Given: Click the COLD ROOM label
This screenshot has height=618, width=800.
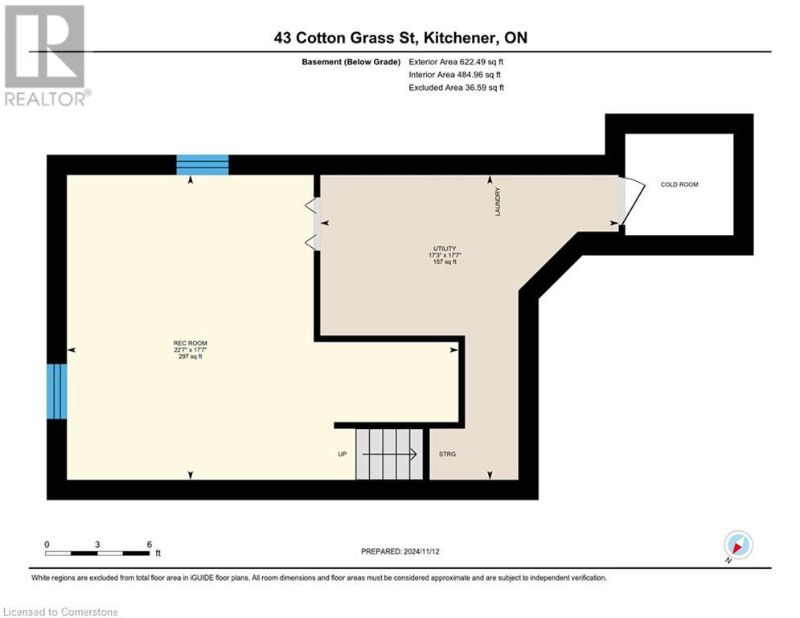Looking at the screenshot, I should coord(679,184).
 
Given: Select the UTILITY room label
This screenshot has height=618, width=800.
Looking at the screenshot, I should coord(444,248).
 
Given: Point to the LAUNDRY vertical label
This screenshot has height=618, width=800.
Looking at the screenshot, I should coord(498,201).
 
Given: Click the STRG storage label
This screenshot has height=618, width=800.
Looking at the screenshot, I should coord(447,455).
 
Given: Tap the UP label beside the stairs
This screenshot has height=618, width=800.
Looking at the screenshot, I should coord(342,455).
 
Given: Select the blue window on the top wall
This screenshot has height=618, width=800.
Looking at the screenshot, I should coord(203,165).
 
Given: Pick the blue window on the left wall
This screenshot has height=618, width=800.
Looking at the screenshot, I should coord(55,391).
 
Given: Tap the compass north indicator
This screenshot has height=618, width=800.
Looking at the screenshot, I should coord(737,546).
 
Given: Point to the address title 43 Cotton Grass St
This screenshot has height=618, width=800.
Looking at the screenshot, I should coord(400,37).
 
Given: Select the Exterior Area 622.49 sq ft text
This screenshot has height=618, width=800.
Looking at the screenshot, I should coord(456,61).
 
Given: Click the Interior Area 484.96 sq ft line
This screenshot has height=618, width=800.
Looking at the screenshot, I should coord(456,75).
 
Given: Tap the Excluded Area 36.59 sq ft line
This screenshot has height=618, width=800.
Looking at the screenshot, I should coord(456,88).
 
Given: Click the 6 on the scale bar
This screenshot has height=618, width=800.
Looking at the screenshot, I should coord(149,545).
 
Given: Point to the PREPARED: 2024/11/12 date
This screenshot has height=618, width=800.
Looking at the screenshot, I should coord(400,551).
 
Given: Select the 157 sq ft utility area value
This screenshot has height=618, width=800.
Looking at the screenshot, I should coord(444,262).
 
